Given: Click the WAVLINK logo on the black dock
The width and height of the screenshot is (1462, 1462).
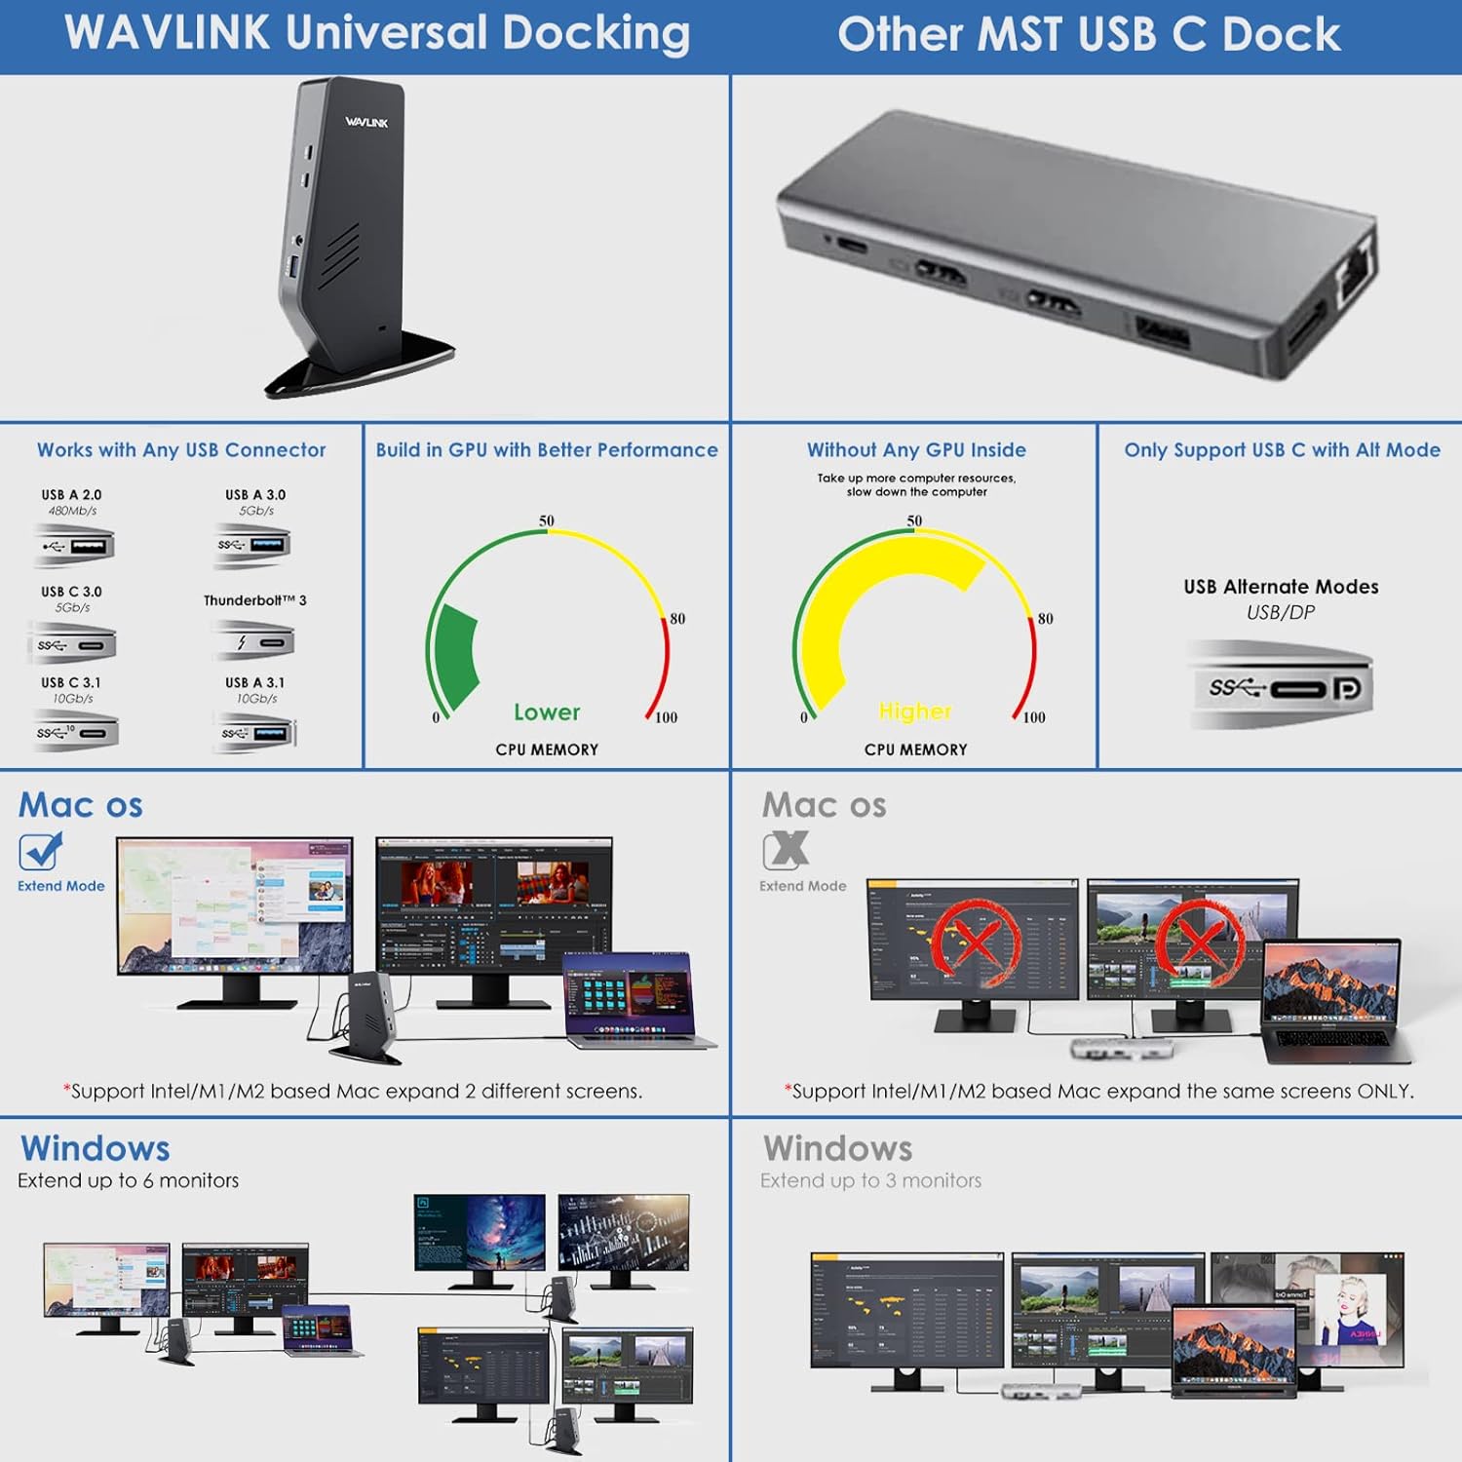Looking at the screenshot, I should point(366,122).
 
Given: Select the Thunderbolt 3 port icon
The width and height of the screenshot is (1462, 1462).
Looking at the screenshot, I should point(253,642).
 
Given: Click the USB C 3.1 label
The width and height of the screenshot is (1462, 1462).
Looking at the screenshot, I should point(71,682).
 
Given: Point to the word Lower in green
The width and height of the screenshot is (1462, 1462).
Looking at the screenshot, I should point(547,712).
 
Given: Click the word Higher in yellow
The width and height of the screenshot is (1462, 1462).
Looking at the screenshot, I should point(914,712).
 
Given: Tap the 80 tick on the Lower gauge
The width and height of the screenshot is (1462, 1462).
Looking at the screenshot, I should point(676,619).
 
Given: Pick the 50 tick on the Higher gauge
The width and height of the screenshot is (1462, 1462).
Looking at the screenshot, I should point(914,521).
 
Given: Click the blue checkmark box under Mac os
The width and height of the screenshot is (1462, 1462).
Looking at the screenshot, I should point(40,851).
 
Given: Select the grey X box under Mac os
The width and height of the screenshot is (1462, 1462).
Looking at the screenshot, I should point(786,850).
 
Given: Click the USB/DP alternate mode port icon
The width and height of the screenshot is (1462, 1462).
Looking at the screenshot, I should point(1282,687).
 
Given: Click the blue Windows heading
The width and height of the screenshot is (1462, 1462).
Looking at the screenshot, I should point(96,1148).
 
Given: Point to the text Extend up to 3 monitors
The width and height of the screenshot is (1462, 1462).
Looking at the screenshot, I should point(870,1180).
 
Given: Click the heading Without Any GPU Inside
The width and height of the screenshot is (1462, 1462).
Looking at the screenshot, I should point(916,449).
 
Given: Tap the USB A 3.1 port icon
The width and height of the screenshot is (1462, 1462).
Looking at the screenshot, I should point(255,733).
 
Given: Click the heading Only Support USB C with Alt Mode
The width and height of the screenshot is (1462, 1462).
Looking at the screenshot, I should point(1282,449).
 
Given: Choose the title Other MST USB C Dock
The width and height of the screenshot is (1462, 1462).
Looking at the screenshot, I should point(1089,35).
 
